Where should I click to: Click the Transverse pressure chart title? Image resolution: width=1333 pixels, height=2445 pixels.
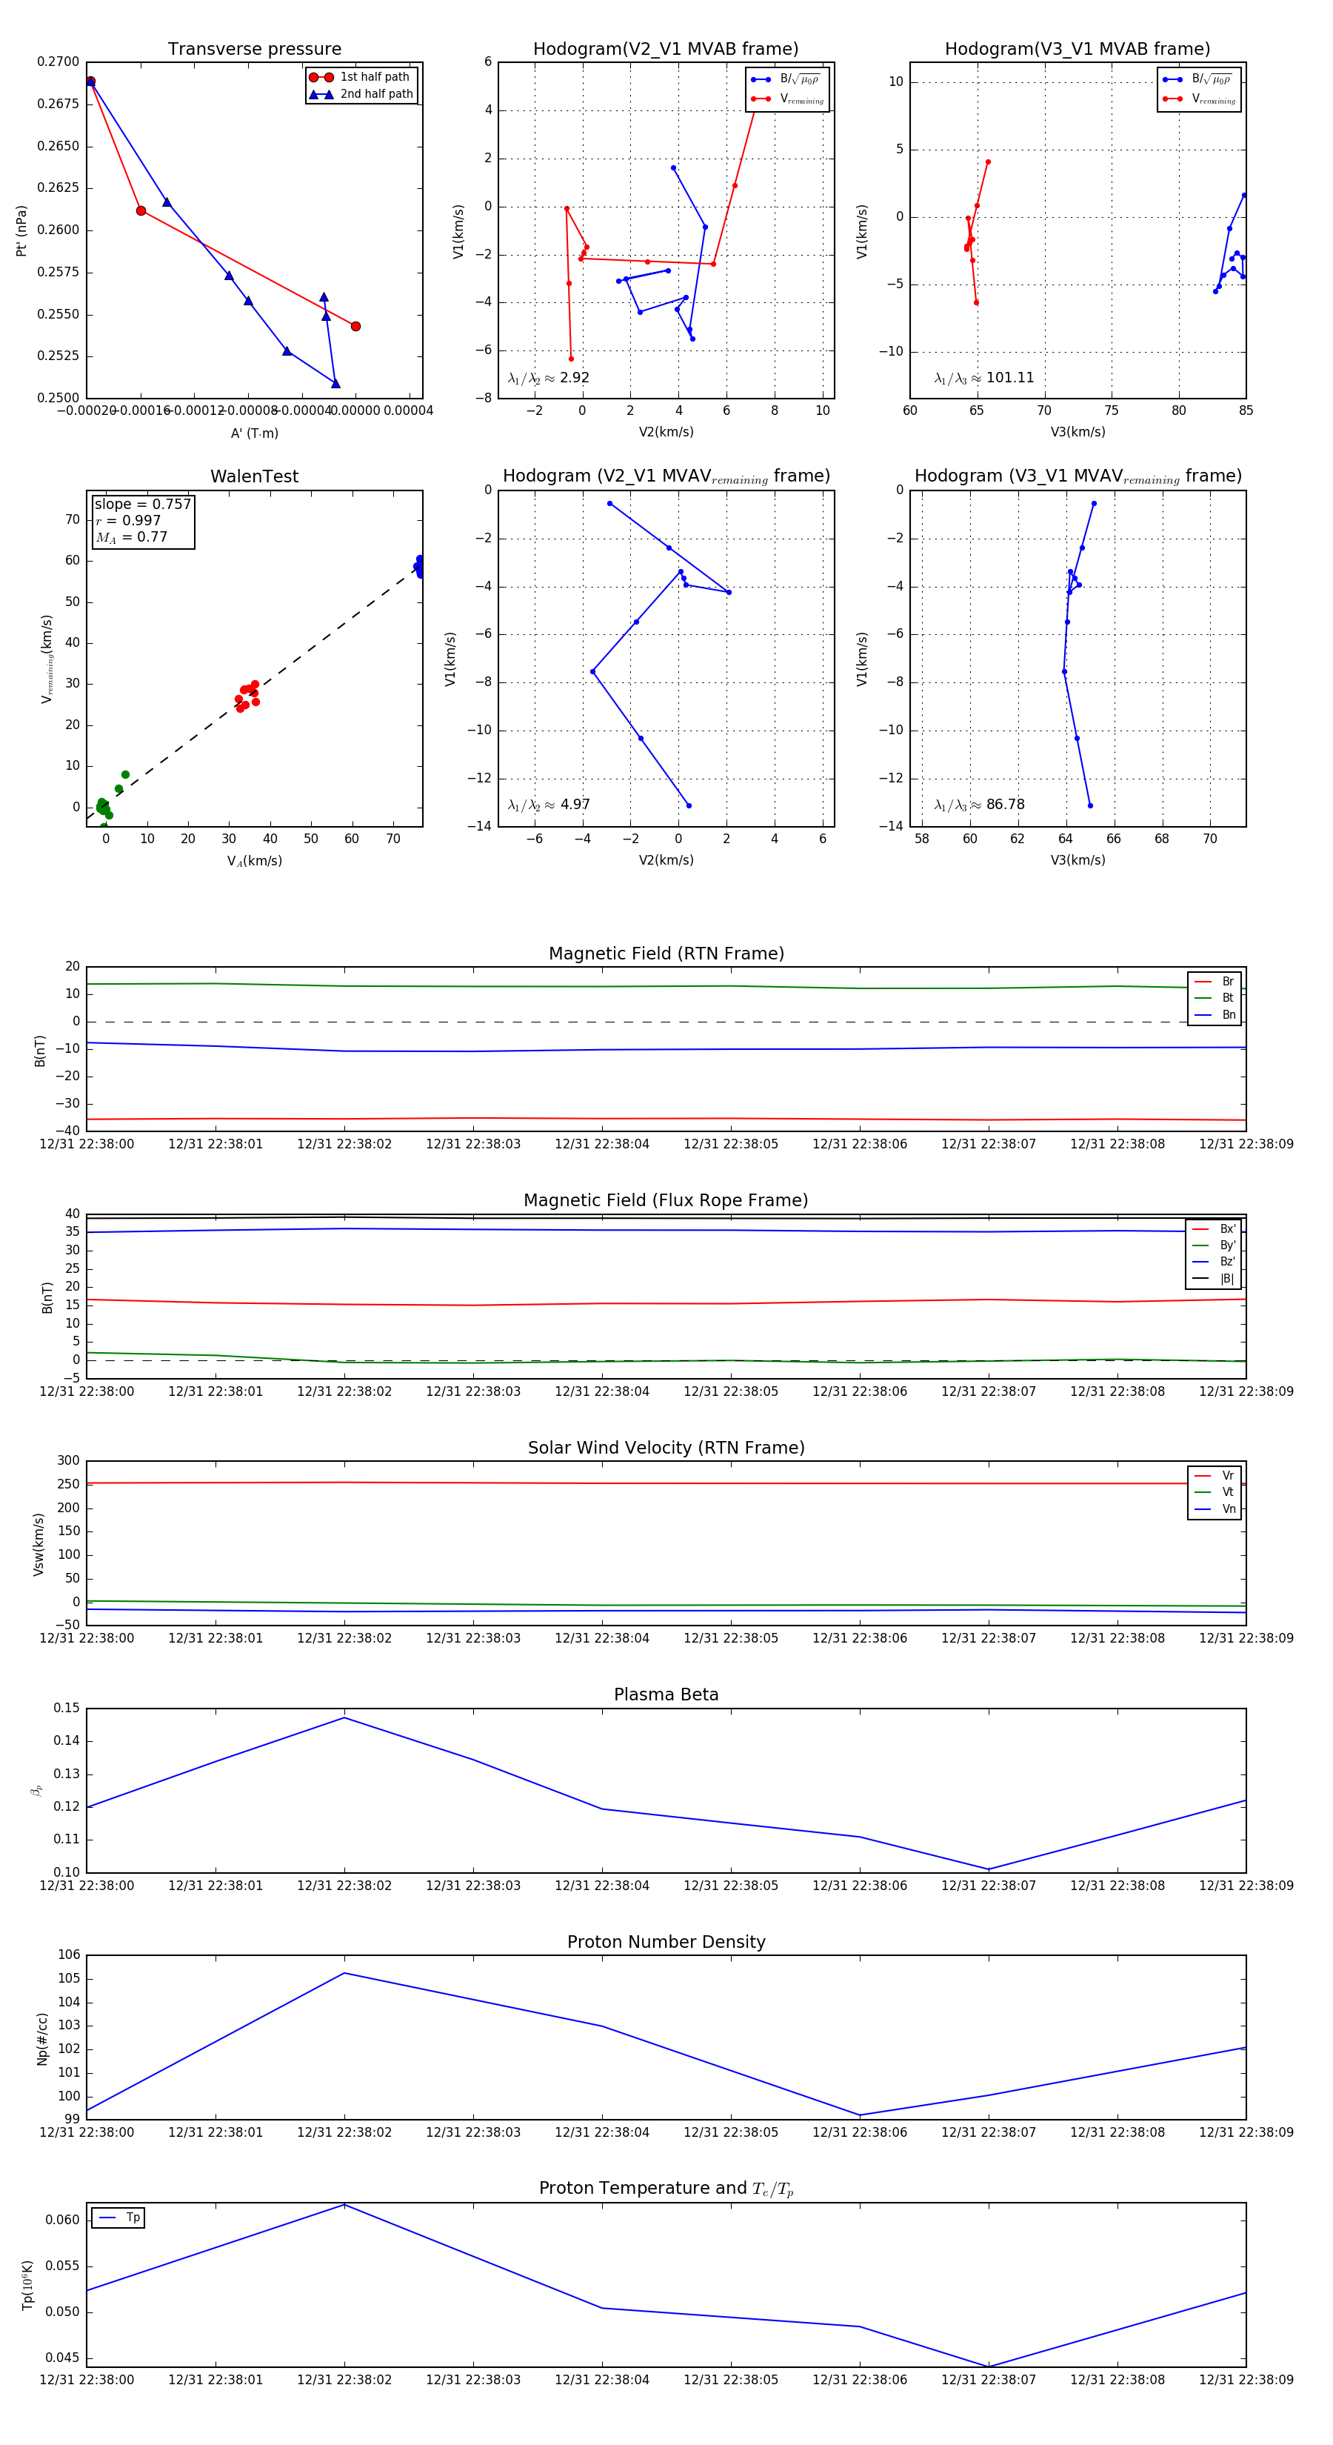click(x=254, y=50)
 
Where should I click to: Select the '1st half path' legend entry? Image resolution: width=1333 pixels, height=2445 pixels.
click(x=374, y=77)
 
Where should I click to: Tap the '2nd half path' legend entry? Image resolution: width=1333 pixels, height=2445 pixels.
click(x=375, y=94)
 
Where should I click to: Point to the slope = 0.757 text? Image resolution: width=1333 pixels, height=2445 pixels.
click(x=142, y=504)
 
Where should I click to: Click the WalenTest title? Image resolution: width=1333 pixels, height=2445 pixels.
click(x=254, y=476)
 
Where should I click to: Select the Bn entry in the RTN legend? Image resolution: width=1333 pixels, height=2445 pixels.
click(x=1228, y=1014)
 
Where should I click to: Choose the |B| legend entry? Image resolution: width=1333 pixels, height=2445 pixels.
click(x=1226, y=1279)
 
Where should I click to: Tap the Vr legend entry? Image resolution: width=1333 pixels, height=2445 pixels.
click(x=1228, y=1476)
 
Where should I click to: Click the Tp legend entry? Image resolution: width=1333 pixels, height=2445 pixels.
click(x=132, y=2218)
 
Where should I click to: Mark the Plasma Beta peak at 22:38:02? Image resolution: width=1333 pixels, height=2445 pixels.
click(x=344, y=1718)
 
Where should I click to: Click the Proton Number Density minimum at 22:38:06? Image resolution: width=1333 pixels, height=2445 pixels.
click(x=860, y=2115)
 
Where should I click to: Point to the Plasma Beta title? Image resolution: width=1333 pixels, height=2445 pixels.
click(x=666, y=1695)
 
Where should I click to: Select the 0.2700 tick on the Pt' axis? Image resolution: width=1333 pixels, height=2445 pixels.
click(x=59, y=61)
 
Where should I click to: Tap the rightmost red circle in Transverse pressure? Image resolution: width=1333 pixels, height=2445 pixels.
click(x=355, y=327)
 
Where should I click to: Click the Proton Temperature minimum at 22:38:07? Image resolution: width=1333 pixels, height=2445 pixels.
click(x=989, y=2366)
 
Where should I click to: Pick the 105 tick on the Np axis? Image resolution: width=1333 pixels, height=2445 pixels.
click(x=70, y=1979)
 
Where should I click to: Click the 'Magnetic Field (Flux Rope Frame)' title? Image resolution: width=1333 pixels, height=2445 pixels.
click(x=666, y=1201)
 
